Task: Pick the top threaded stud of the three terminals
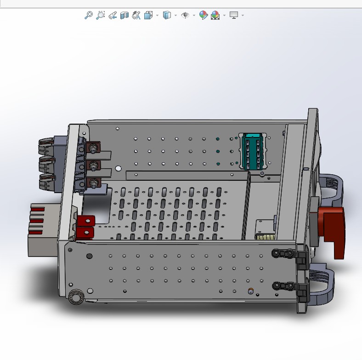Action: [94, 149]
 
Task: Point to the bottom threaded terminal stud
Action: [94, 183]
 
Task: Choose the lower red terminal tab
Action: [85, 233]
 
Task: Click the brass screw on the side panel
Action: [250, 291]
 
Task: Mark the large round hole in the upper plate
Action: [119, 169]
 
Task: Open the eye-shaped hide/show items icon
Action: [185, 15]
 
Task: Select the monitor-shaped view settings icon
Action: [234, 15]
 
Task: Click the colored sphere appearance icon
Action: [203, 15]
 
